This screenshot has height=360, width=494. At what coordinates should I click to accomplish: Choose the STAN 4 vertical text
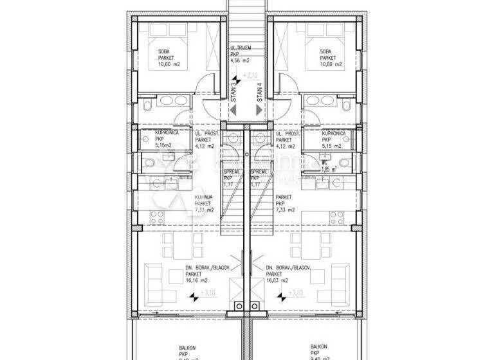pos(259,93)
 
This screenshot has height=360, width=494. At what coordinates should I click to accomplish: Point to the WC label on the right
pos(325,162)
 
